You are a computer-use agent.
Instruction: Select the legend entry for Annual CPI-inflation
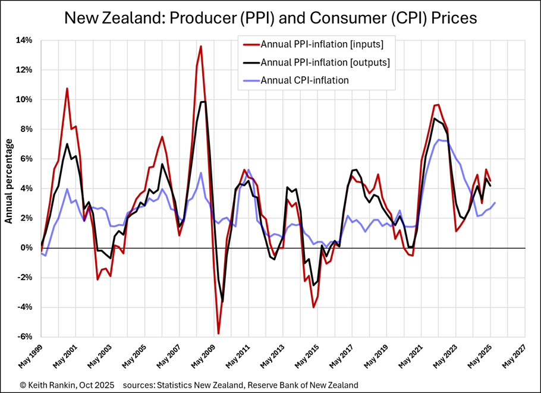pyautogui.click(x=304, y=80)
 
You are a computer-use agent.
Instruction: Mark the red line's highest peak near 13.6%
pyautogui.click(x=201, y=46)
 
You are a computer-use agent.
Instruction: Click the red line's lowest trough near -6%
pyautogui.click(x=218, y=334)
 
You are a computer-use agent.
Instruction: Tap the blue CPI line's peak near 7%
pyautogui.click(x=439, y=140)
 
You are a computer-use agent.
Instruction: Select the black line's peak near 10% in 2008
pyautogui.click(x=204, y=102)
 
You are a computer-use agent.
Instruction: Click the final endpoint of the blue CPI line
pyautogui.click(x=495, y=203)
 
